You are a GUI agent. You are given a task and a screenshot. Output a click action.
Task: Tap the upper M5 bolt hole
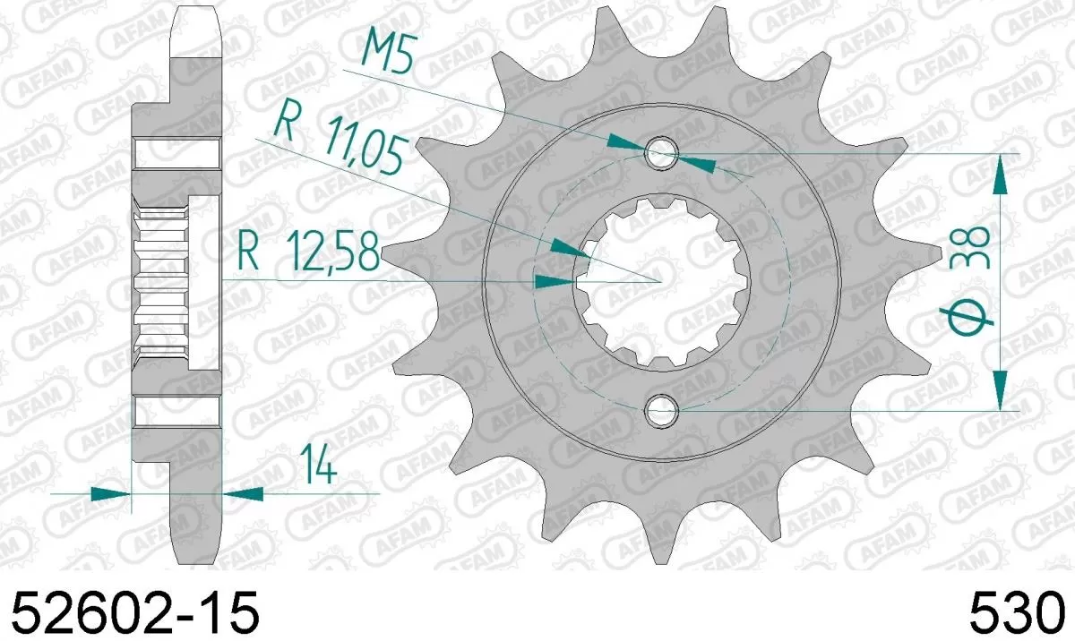[661, 153]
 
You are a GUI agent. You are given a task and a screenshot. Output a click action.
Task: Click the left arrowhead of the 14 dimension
[110, 492]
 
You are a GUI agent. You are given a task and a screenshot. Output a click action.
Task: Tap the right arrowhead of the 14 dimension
[243, 492]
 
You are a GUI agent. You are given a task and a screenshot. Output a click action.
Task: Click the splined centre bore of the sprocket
[661, 281]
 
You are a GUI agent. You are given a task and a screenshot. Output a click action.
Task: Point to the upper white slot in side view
[176, 153]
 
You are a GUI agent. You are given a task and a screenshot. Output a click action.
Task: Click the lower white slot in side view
[176, 411]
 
